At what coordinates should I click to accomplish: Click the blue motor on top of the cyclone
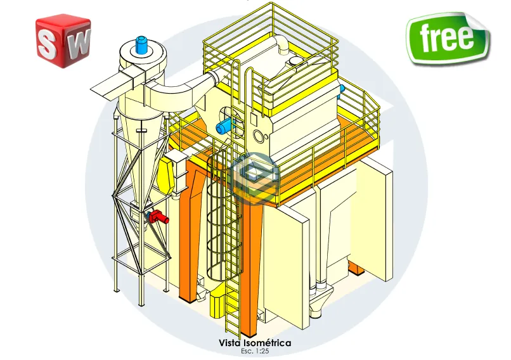pyautogui.click(x=141, y=44)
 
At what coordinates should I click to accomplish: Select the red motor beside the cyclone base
pyautogui.click(x=159, y=217)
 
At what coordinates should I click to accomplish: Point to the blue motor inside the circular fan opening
pyautogui.click(x=226, y=126)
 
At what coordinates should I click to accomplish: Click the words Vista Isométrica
pyautogui.click(x=255, y=343)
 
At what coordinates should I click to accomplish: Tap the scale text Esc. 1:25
pyautogui.click(x=255, y=350)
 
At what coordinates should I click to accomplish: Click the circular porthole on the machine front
pyautogui.click(x=257, y=135)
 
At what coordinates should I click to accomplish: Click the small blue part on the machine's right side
pyautogui.click(x=342, y=89)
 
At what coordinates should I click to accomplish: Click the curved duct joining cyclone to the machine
pyautogui.click(x=178, y=89)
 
